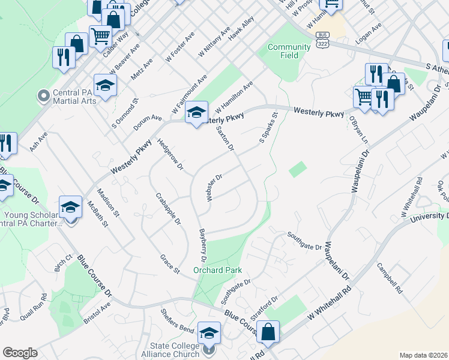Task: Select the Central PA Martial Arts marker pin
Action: point(43,95)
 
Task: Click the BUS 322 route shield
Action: point(322,41)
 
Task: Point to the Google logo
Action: point(19,353)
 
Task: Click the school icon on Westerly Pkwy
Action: point(196,112)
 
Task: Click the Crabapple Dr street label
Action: point(169,208)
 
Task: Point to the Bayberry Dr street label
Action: point(202,245)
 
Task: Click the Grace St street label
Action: point(170,264)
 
